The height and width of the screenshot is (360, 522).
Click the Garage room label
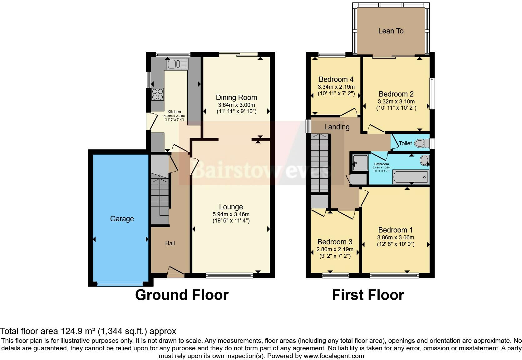[122, 219]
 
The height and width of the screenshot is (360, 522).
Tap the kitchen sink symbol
[177, 64]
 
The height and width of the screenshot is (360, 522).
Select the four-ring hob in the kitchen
[158, 94]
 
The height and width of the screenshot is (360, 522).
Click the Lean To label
[391, 31]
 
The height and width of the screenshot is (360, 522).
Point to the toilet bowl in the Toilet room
[422, 143]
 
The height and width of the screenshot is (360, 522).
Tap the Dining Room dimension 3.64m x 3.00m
[236, 105]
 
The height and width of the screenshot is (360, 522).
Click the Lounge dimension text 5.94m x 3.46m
[231, 214]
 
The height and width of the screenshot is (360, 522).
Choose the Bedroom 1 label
[395, 230]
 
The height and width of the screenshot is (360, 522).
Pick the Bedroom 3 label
[335, 242]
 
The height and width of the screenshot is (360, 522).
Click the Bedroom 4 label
[336, 79]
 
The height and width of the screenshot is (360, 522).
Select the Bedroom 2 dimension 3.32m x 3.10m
[396, 102]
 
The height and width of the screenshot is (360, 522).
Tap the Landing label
[337, 127]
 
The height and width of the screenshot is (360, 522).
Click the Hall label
[170, 243]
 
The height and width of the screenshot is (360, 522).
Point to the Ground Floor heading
[182, 295]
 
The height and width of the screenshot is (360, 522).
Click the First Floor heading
[368, 295]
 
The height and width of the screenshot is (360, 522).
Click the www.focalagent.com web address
[334, 356]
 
